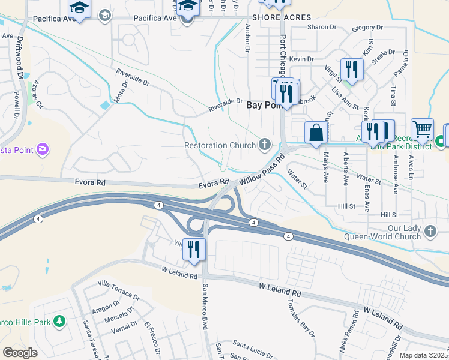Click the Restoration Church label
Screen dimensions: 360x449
click(220, 145)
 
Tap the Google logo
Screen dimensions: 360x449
click(20, 352)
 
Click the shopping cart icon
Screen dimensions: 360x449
click(422, 129)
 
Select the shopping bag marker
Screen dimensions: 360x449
click(316, 133)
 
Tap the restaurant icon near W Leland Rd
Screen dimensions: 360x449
click(194, 248)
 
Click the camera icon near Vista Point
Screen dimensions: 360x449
click(42, 149)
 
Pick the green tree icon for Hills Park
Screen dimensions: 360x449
click(59, 322)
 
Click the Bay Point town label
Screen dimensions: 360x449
click(263, 105)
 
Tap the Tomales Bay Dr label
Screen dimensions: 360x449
click(301, 315)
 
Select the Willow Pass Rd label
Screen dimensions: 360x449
click(261, 170)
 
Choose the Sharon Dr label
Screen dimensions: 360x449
click(321, 28)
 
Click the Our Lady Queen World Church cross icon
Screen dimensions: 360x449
click(430, 231)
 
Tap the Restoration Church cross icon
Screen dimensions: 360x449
click(264, 144)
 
